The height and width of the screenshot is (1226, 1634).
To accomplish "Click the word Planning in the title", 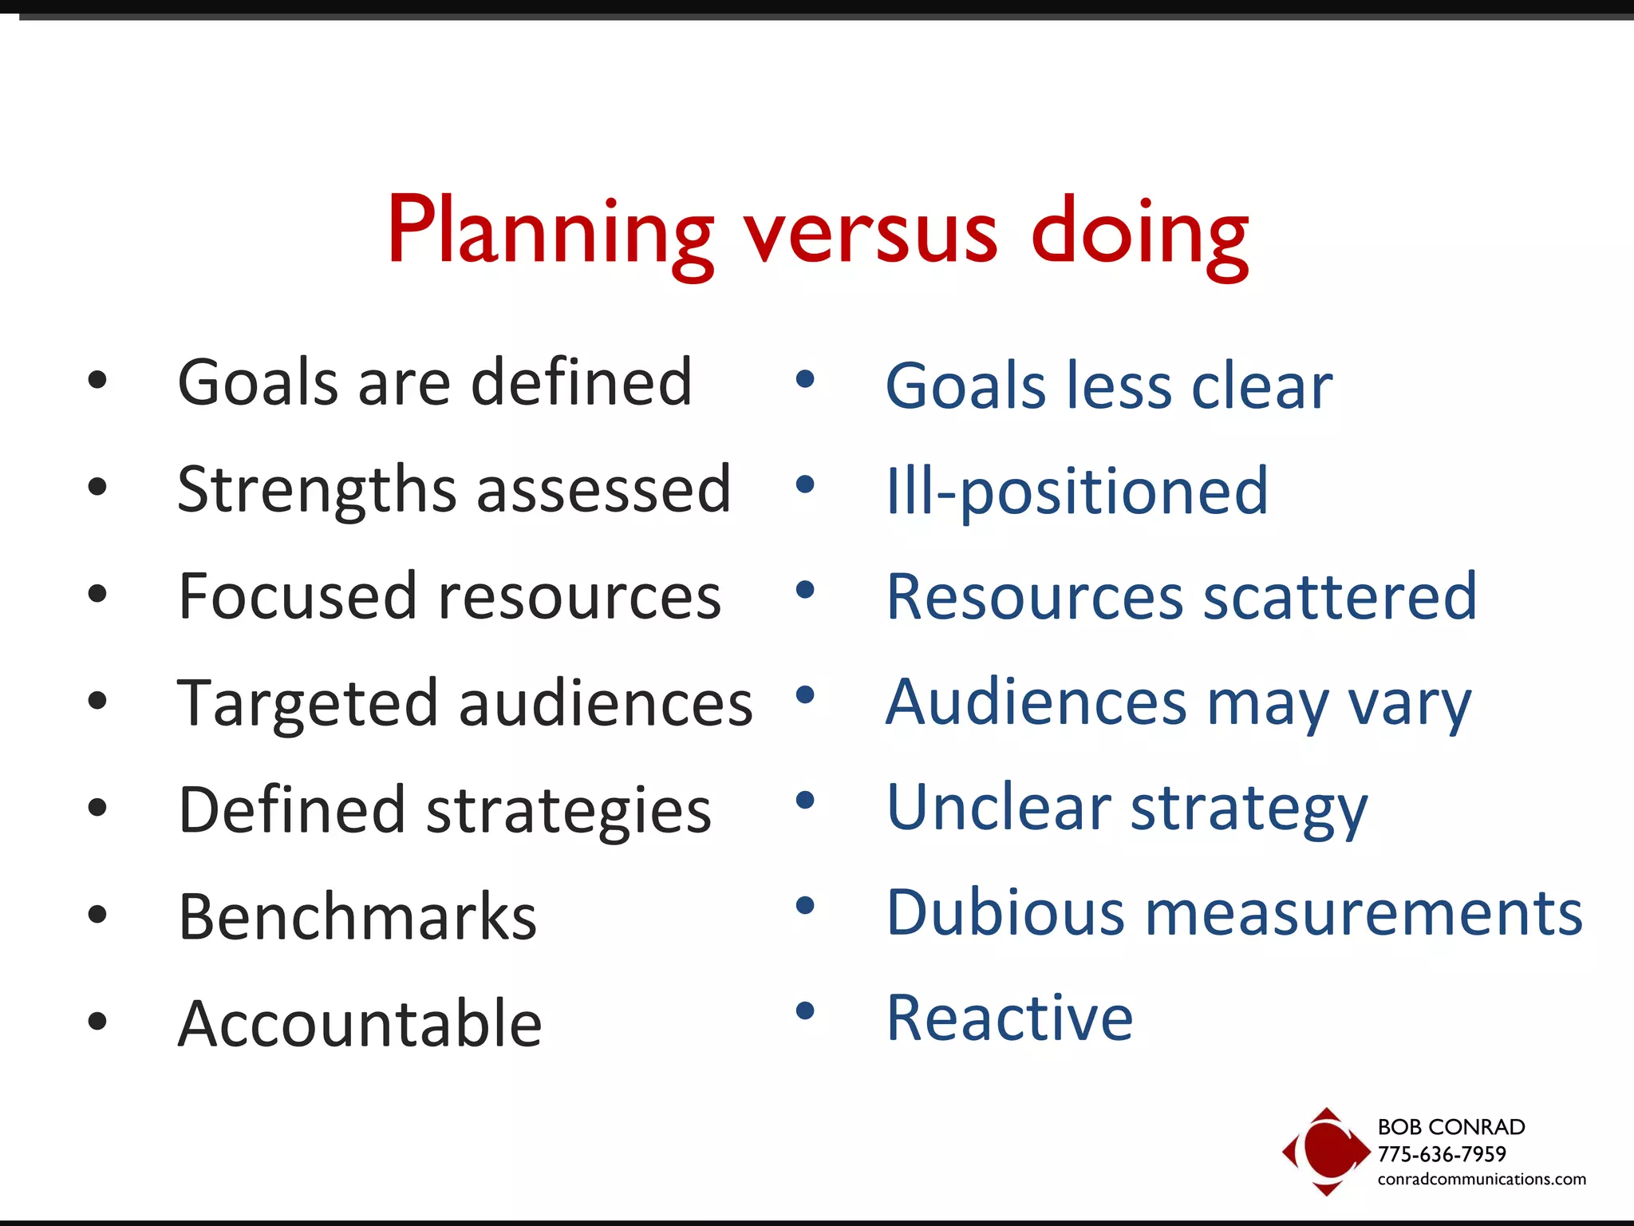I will [x=550, y=233].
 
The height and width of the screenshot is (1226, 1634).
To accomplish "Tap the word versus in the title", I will [x=870, y=233].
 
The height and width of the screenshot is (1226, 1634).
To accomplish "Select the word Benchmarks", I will [x=357, y=916].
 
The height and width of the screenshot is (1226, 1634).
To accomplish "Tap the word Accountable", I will [x=360, y=1023].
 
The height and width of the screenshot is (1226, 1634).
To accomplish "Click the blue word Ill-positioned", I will [x=1077, y=492].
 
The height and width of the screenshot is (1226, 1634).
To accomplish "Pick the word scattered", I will [x=1340, y=596].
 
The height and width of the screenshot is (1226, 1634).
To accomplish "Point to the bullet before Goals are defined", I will [x=97, y=381].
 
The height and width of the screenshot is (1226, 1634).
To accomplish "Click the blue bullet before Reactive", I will [x=805, y=1011].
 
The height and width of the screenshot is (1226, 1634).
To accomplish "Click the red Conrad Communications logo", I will [x=1325, y=1151].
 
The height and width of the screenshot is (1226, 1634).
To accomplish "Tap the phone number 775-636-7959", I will [x=1442, y=1154].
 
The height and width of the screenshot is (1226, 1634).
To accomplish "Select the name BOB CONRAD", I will [x=1451, y=1127].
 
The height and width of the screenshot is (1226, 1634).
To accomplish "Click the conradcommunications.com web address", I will [x=1482, y=1179].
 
